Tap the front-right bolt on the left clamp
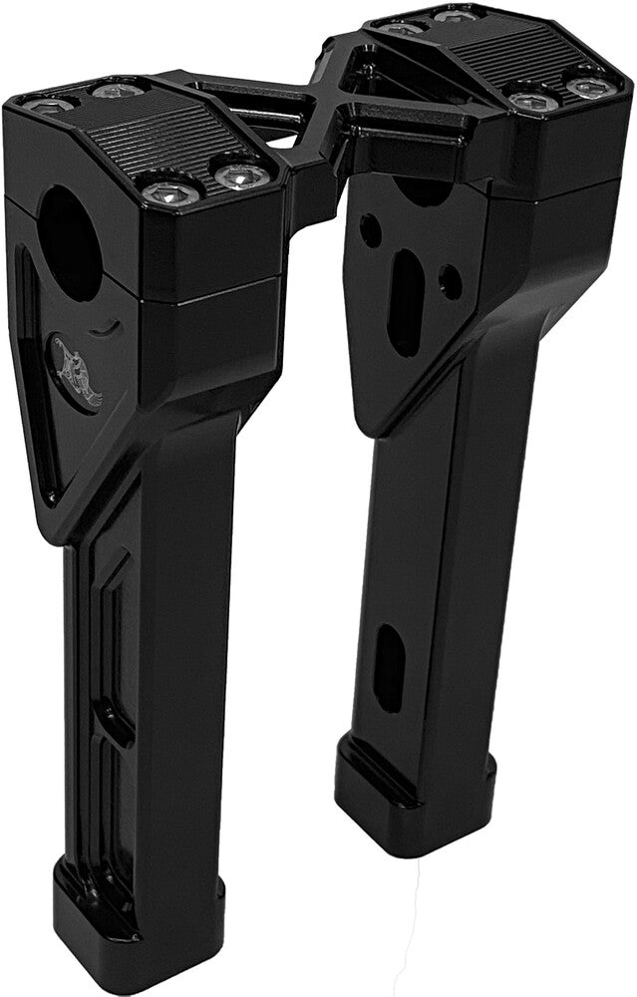coord(242,176)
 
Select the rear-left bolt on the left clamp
coord(48,105)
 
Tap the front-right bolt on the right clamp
coord(591,88)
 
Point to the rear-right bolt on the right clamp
coord(457,16)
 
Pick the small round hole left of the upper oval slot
coord(370,230)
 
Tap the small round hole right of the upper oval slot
coord(450,282)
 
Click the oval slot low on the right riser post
coord(388,667)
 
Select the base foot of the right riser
coord(409,788)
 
